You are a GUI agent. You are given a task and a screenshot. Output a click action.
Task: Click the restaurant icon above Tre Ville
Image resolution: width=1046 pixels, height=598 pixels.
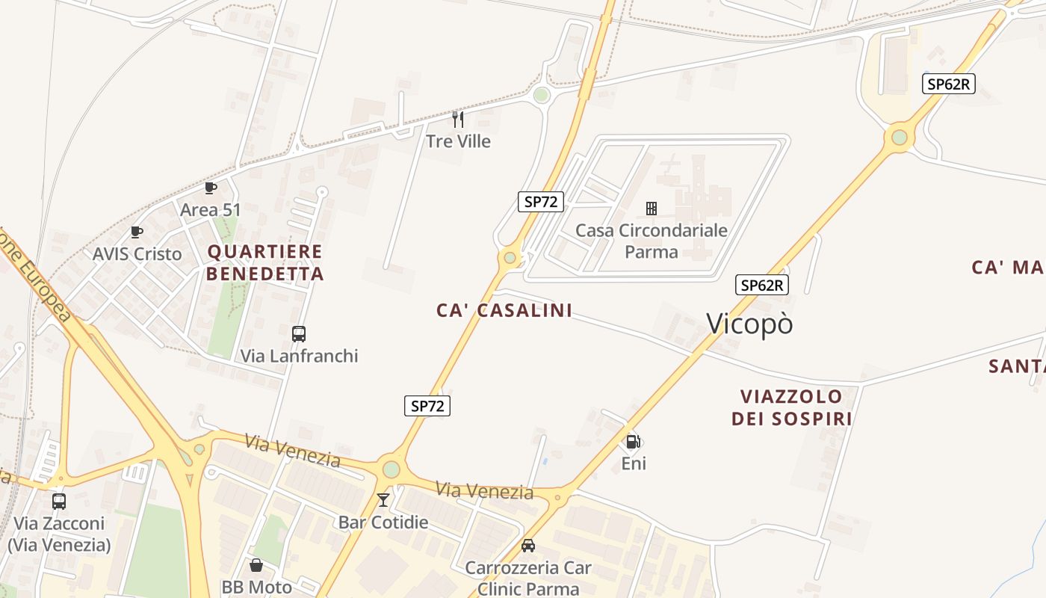[458, 120]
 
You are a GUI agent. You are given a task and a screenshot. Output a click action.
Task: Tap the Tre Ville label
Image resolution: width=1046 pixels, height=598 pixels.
[458, 141]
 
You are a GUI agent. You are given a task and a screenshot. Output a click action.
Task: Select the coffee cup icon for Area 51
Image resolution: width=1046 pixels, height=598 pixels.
[211, 188]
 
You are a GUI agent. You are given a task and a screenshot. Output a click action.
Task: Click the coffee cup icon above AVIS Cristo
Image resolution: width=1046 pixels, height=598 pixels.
[137, 232]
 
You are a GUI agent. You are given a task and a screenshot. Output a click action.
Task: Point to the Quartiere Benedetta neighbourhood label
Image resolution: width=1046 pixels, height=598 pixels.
[265, 262]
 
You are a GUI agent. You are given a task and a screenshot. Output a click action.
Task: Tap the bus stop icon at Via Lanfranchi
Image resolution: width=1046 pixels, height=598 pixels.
[299, 334]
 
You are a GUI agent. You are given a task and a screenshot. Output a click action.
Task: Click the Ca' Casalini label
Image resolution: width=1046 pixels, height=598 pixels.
[504, 310]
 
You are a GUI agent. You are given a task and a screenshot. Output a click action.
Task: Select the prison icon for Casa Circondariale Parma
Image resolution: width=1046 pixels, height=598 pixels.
[652, 208]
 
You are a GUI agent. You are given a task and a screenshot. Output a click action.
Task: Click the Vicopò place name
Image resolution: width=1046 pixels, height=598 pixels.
[749, 324]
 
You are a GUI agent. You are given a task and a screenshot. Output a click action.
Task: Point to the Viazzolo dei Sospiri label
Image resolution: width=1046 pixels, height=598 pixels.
[792, 407]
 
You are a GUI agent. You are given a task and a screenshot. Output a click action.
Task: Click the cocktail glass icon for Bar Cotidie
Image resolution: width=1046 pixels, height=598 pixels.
[383, 499]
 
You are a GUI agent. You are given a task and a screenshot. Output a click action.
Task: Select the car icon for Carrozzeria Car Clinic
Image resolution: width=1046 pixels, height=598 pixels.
[528, 545]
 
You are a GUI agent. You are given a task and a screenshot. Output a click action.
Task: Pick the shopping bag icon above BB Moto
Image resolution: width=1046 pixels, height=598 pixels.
[256, 565]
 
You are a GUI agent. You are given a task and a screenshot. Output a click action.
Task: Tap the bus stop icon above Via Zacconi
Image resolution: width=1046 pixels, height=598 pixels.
[59, 502]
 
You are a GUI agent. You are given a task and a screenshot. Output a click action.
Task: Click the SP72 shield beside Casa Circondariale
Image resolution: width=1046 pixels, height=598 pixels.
[540, 201]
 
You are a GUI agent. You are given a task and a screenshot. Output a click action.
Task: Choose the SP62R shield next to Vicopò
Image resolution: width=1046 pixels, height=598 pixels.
[762, 285]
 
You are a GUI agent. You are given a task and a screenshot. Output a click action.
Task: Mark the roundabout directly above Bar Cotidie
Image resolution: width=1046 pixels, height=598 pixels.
[391, 469]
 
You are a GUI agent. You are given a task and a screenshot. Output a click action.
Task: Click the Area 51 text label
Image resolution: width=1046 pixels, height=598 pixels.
[211, 210]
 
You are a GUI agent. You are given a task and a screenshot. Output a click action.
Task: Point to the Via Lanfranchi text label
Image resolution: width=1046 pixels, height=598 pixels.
[299, 356]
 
